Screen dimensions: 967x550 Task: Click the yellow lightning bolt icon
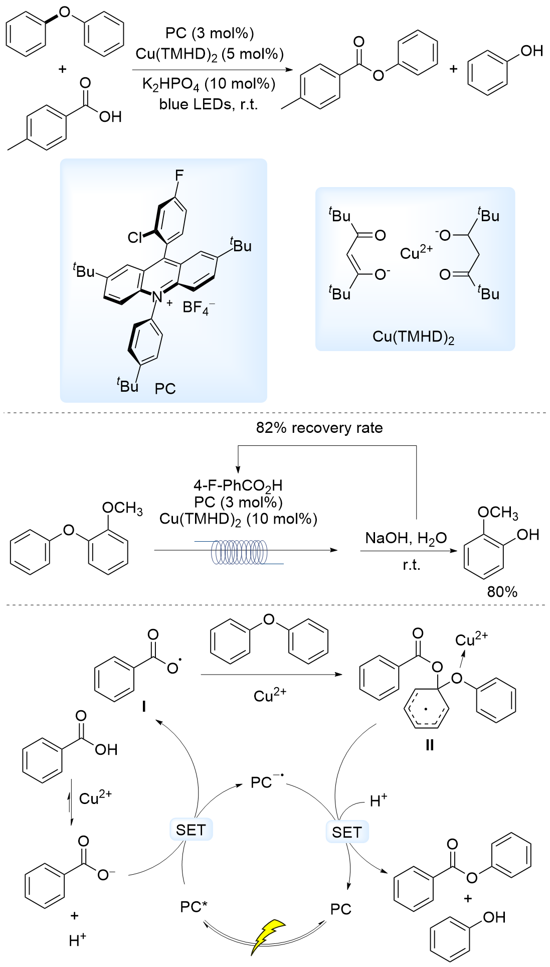pos(268,936)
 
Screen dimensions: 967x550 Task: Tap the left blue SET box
pos(191,830)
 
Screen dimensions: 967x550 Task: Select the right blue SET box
pos(347,832)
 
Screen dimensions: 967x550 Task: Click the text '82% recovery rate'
pos(319,428)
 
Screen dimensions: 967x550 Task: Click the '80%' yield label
pos(502,592)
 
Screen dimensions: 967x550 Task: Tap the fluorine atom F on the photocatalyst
pos(179,175)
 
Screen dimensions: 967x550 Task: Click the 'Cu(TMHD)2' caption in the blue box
pos(413,337)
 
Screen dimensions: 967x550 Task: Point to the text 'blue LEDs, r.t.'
pos(209,104)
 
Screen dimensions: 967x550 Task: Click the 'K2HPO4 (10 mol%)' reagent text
pos(209,84)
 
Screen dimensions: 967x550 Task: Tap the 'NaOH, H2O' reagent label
pos(406,538)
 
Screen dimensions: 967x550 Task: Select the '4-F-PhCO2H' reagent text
pos(238,485)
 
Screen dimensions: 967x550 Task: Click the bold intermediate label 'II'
pos(429,745)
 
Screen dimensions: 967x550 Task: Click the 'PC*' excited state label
pos(194,907)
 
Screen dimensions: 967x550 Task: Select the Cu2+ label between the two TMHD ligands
pos(416,253)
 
